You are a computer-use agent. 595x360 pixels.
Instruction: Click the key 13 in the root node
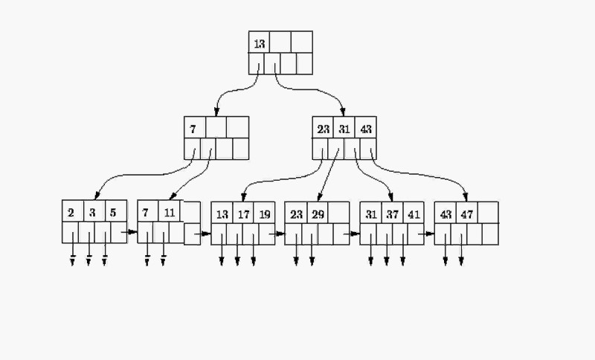coord(259,44)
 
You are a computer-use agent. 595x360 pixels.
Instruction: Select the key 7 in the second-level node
coord(193,129)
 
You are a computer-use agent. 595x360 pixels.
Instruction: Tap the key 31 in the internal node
coord(344,129)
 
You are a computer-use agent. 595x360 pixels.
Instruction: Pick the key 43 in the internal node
coord(365,129)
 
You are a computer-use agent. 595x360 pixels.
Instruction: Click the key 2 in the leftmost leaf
coord(71,213)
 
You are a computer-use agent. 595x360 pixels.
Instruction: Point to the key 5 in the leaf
coord(113,213)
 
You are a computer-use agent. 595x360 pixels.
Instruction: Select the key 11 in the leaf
coord(170,213)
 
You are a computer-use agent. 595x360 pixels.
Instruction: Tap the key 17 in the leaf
coord(243,214)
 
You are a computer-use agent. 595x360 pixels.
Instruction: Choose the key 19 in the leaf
coord(264,214)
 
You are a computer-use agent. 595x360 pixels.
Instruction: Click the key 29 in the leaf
coord(318,214)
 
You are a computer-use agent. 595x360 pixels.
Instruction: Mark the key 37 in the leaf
coord(393,214)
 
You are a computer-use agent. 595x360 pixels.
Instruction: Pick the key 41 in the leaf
coord(414,214)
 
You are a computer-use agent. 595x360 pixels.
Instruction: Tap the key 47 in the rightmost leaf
coord(467,214)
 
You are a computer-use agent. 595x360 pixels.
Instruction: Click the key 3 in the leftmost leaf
coord(92,213)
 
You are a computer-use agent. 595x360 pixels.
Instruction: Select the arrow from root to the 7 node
coord(227,93)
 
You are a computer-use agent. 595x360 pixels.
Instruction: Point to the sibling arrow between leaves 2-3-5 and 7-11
coord(132,231)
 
